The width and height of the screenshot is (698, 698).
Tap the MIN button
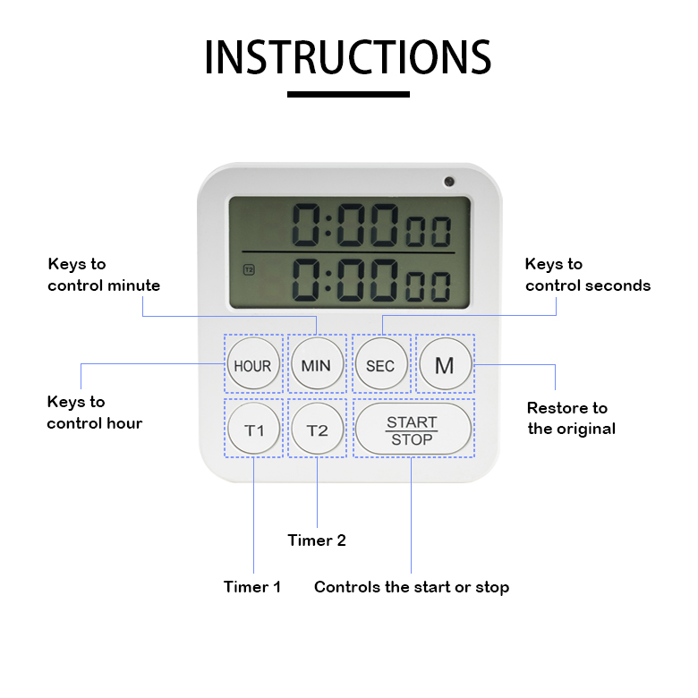click(x=316, y=365)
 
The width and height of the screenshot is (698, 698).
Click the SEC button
click(x=380, y=365)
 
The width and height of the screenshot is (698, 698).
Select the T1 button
click(x=254, y=430)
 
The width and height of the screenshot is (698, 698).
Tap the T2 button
click(x=317, y=430)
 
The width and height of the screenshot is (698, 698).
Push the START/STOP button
click(x=413, y=430)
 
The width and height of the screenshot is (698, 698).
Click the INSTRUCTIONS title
click(x=348, y=57)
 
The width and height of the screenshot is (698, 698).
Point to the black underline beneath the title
click(x=348, y=94)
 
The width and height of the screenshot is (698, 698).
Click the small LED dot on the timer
click(x=448, y=182)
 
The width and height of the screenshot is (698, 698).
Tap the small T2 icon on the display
click(x=248, y=268)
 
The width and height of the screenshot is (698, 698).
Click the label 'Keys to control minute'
click(x=104, y=275)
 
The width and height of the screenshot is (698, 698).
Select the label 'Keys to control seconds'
click(x=587, y=275)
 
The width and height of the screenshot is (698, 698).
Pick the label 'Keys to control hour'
click(x=94, y=413)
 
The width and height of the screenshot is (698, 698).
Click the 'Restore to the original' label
click(x=571, y=418)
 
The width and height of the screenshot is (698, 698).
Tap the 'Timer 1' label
click(x=252, y=587)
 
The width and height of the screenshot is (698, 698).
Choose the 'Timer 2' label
click(x=317, y=541)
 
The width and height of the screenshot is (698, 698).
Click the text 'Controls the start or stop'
click(x=412, y=587)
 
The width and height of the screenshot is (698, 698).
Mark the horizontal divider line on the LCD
click(x=348, y=252)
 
